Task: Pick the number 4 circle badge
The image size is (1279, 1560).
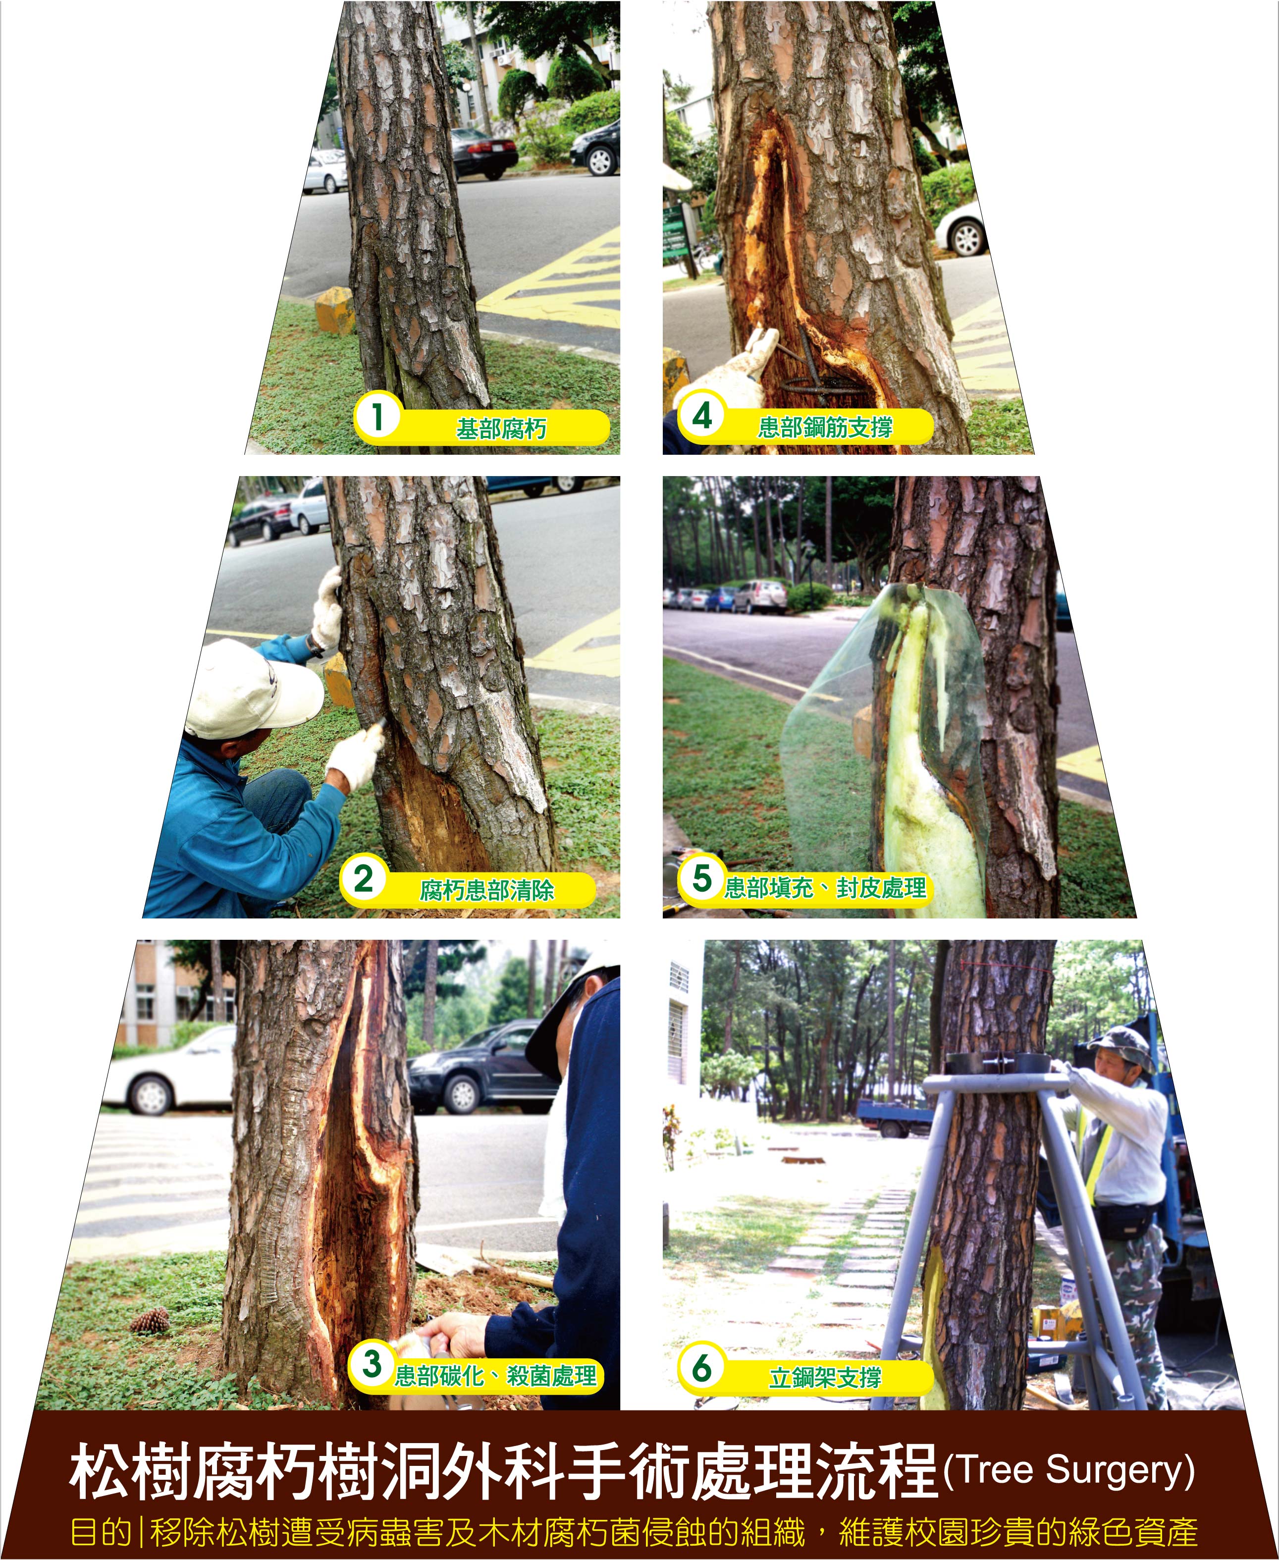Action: pos(702,416)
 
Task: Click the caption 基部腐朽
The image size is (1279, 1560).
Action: pos(501,428)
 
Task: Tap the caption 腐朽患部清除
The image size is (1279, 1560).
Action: pos(487,890)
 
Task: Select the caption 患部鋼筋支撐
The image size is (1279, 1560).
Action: pos(825,427)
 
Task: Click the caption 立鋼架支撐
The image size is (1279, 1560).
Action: pos(825,1377)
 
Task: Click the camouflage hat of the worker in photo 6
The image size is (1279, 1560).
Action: pos(1121,1047)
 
